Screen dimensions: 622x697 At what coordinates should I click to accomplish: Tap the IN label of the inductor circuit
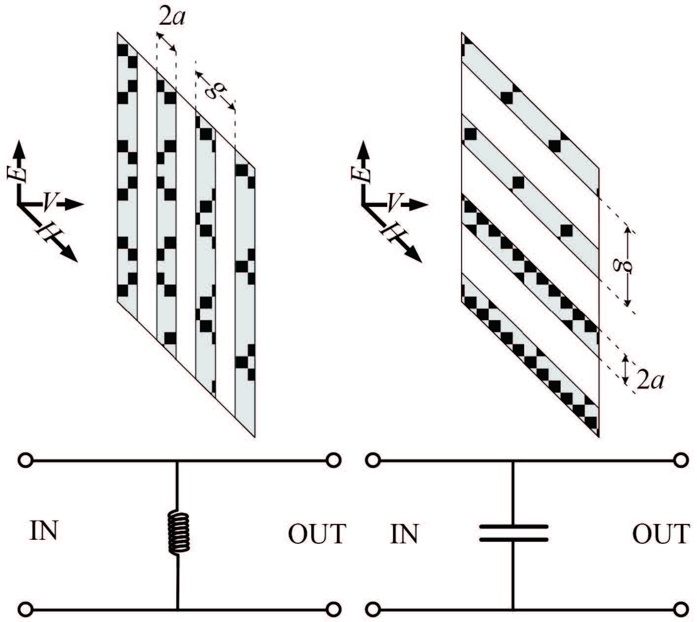click(44, 531)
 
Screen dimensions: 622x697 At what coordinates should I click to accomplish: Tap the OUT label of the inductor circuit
click(317, 534)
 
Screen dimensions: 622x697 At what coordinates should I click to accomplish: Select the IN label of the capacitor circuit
click(404, 534)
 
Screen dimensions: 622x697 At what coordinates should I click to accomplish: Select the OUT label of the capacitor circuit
click(661, 534)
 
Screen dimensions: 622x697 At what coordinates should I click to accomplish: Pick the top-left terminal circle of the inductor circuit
click(25, 460)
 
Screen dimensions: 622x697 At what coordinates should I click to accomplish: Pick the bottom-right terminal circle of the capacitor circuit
click(681, 610)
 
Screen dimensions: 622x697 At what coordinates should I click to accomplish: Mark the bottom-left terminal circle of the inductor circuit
click(25, 610)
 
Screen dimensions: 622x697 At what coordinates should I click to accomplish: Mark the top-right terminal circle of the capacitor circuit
click(681, 460)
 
